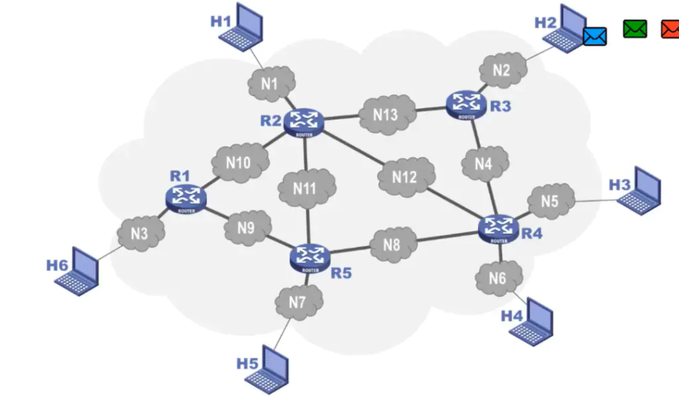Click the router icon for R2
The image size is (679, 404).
[x=304, y=121]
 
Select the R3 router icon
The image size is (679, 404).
[x=467, y=104]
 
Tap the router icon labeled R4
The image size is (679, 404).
[x=498, y=228]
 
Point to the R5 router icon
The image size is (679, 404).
[x=311, y=256]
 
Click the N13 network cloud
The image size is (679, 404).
[x=385, y=115]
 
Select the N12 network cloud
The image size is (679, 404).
[x=405, y=177]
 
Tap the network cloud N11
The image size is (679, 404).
[x=304, y=189]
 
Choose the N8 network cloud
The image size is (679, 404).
[x=392, y=244]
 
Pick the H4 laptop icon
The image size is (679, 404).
[x=534, y=322]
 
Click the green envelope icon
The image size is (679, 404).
[x=635, y=29]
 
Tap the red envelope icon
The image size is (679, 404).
[x=670, y=29]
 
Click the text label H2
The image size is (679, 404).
[x=545, y=23]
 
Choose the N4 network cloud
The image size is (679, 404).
[x=484, y=164]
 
